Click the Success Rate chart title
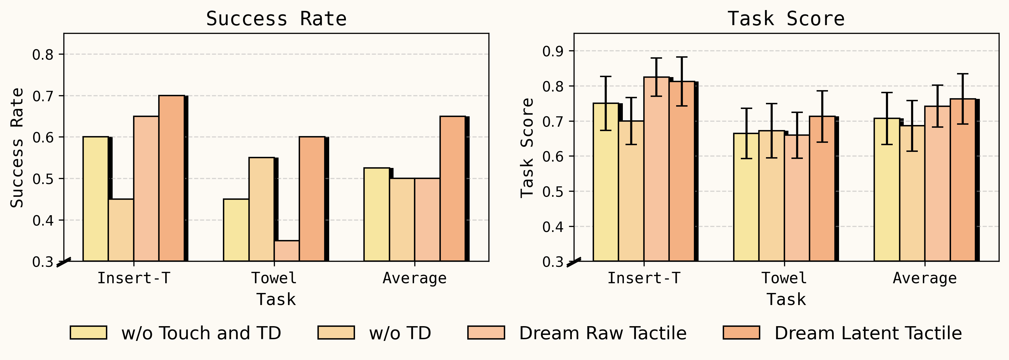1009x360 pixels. [276, 19]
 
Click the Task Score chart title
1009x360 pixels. [786, 19]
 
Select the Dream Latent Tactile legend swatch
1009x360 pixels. [741, 333]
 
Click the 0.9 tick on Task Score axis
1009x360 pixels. [553, 51]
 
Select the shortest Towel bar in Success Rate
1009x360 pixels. [287, 251]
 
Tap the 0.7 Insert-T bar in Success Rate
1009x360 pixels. [172, 178]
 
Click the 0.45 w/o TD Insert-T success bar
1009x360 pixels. [121, 230]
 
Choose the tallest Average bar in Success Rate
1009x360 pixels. [453, 189]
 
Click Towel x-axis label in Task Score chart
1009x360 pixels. [784, 278]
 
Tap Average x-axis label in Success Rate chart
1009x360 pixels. [414, 278]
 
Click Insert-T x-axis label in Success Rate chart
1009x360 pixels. [133, 278]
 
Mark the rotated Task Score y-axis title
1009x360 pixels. [527, 148]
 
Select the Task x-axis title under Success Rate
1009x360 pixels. [276, 299]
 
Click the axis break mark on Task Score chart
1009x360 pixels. [574, 262]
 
